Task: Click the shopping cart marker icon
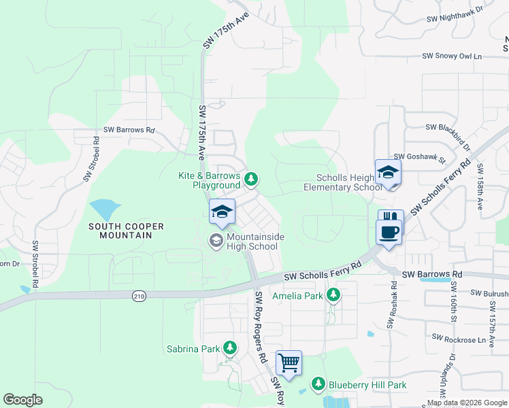(289, 362)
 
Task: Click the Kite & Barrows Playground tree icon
(252, 180)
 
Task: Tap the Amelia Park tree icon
(333, 295)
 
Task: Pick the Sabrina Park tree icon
(230, 349)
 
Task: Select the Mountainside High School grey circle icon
(216, 239)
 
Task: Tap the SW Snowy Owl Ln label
(451, 56)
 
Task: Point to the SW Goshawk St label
(419, 158)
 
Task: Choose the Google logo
(22, 400)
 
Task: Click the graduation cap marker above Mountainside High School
(222, 211)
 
